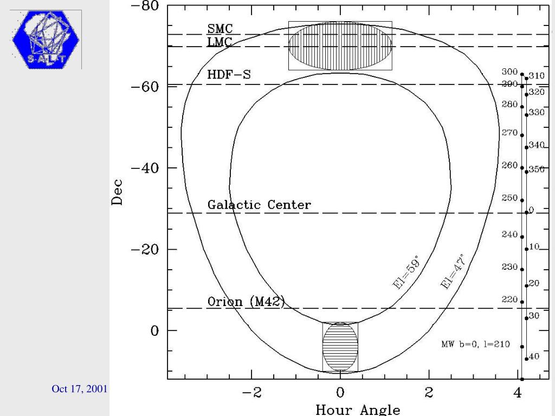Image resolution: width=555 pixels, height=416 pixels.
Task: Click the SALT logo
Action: tap(46, 40)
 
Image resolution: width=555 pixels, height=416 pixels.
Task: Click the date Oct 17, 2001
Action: tap(79, 389)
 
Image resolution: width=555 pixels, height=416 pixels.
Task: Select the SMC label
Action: tap(220, 28)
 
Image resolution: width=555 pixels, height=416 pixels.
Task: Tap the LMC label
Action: tap(220, 42)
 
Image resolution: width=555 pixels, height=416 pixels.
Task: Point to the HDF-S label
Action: tap(229, 75)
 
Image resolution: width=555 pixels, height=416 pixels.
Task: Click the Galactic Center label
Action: tap(259, 205)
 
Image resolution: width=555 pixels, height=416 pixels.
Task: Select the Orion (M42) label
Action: tap(246, 302)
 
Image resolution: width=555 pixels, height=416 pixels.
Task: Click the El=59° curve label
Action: tap(407, 272)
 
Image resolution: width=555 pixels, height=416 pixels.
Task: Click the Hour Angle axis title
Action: tap(358, 409)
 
